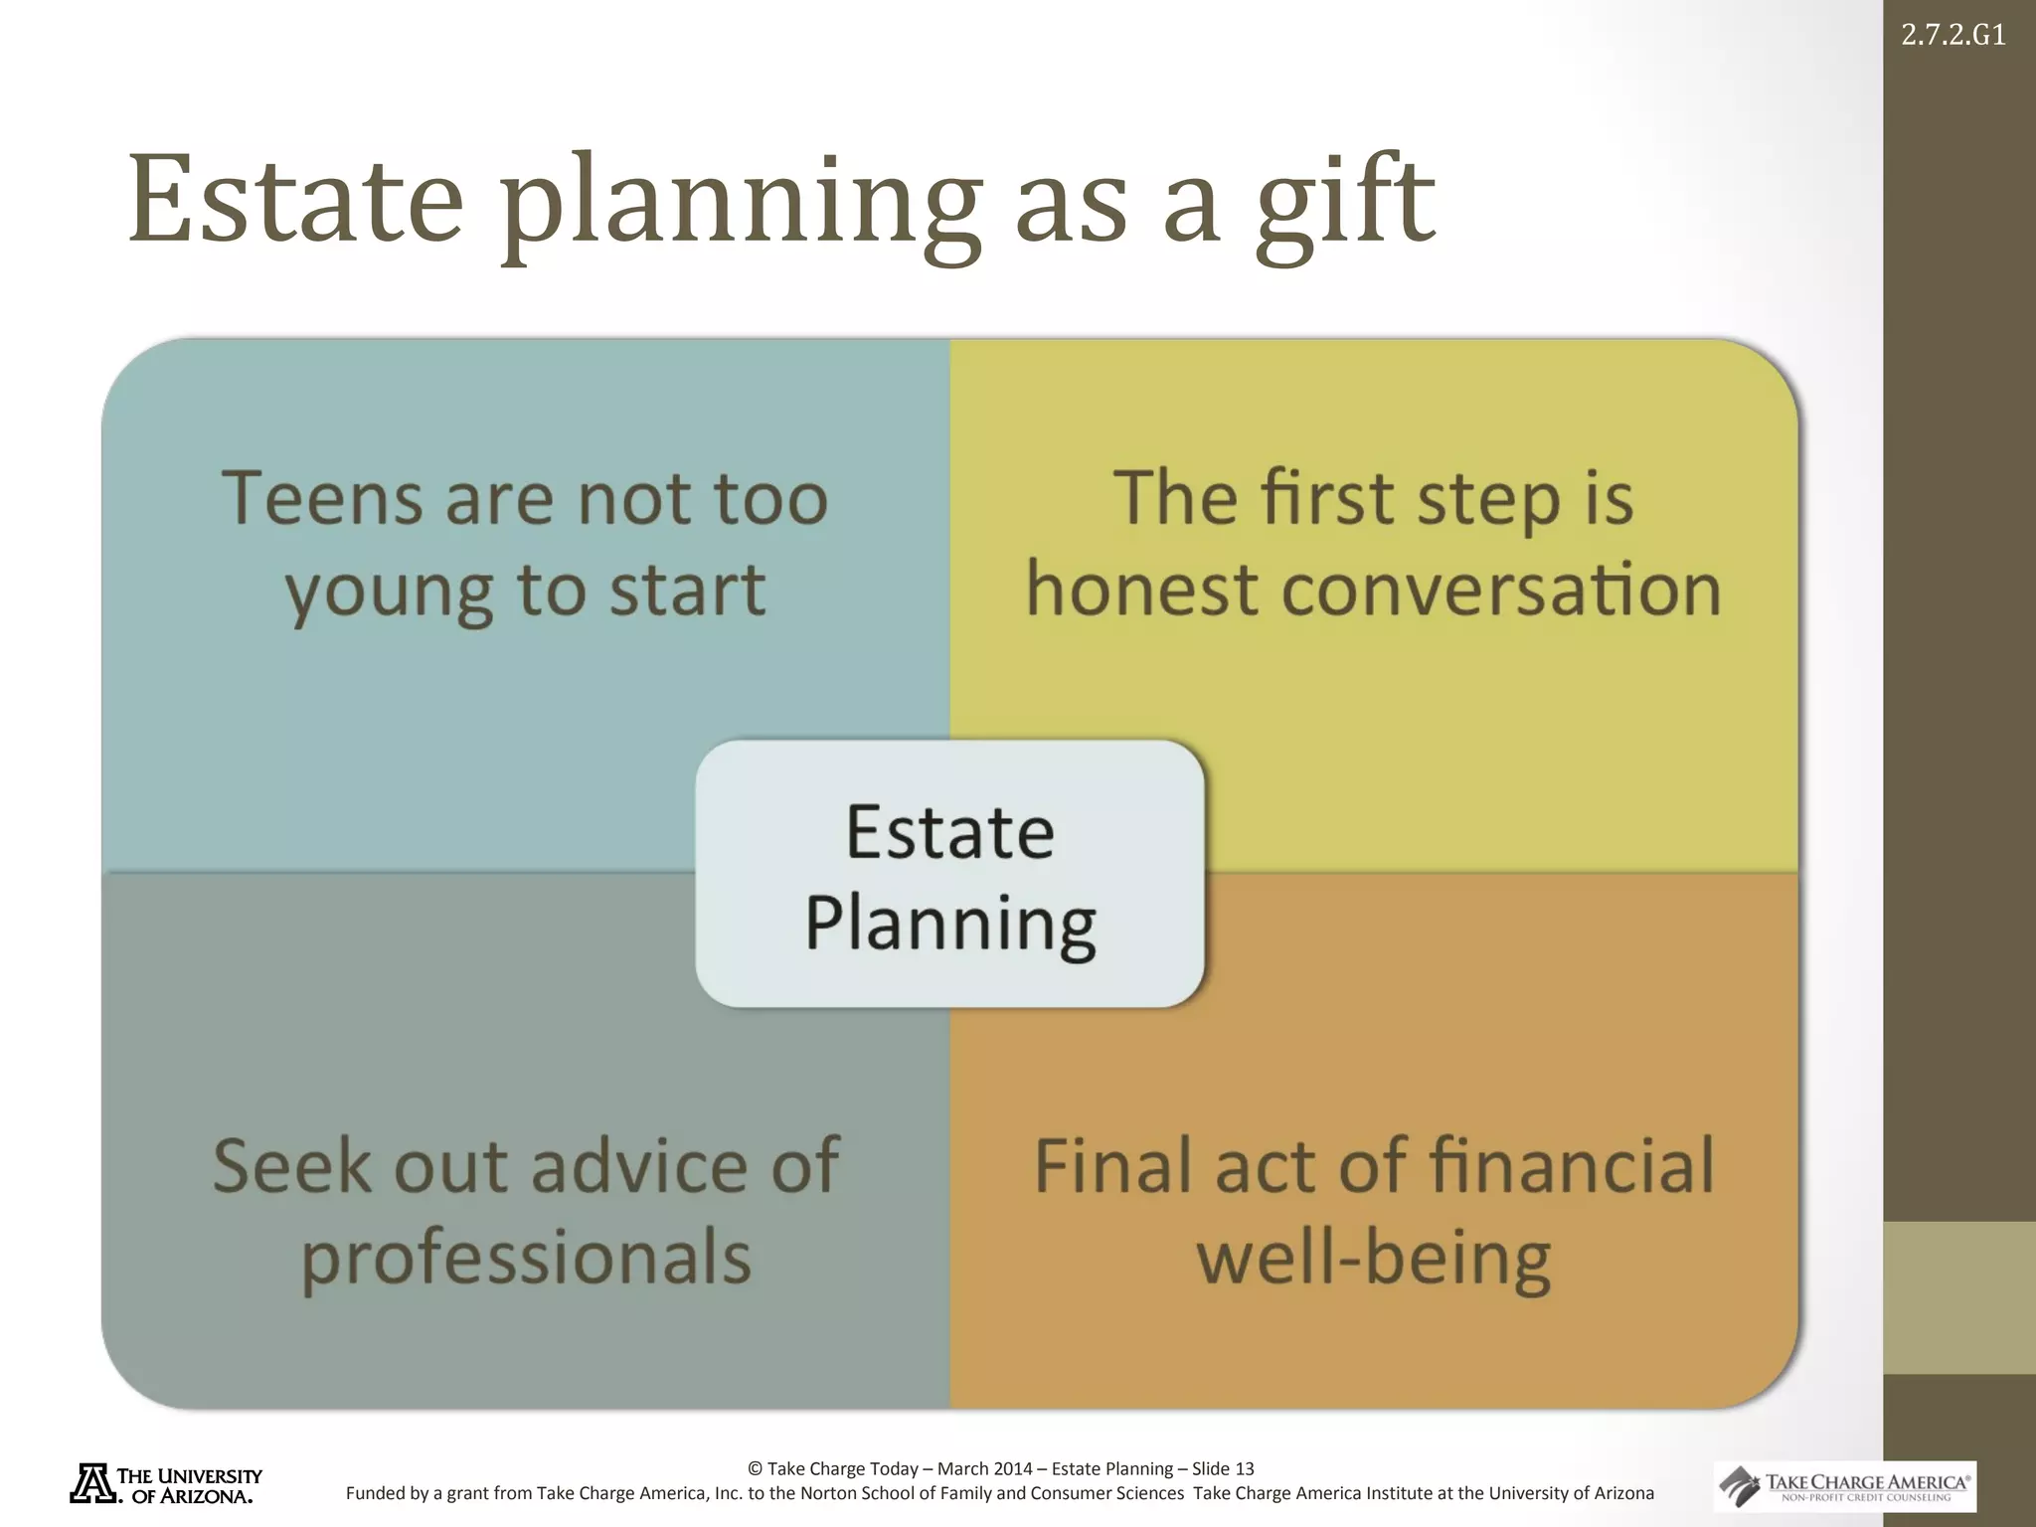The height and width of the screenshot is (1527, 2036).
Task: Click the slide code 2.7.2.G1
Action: coord(1952,36)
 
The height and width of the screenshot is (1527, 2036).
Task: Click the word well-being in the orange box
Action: coord(1373,1259)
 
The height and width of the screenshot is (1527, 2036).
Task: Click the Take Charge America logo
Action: coord(1845,1486)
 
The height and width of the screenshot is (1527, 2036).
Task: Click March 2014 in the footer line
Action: coord(984,1468)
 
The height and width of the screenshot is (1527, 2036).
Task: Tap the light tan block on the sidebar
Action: coord(1958,1297)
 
